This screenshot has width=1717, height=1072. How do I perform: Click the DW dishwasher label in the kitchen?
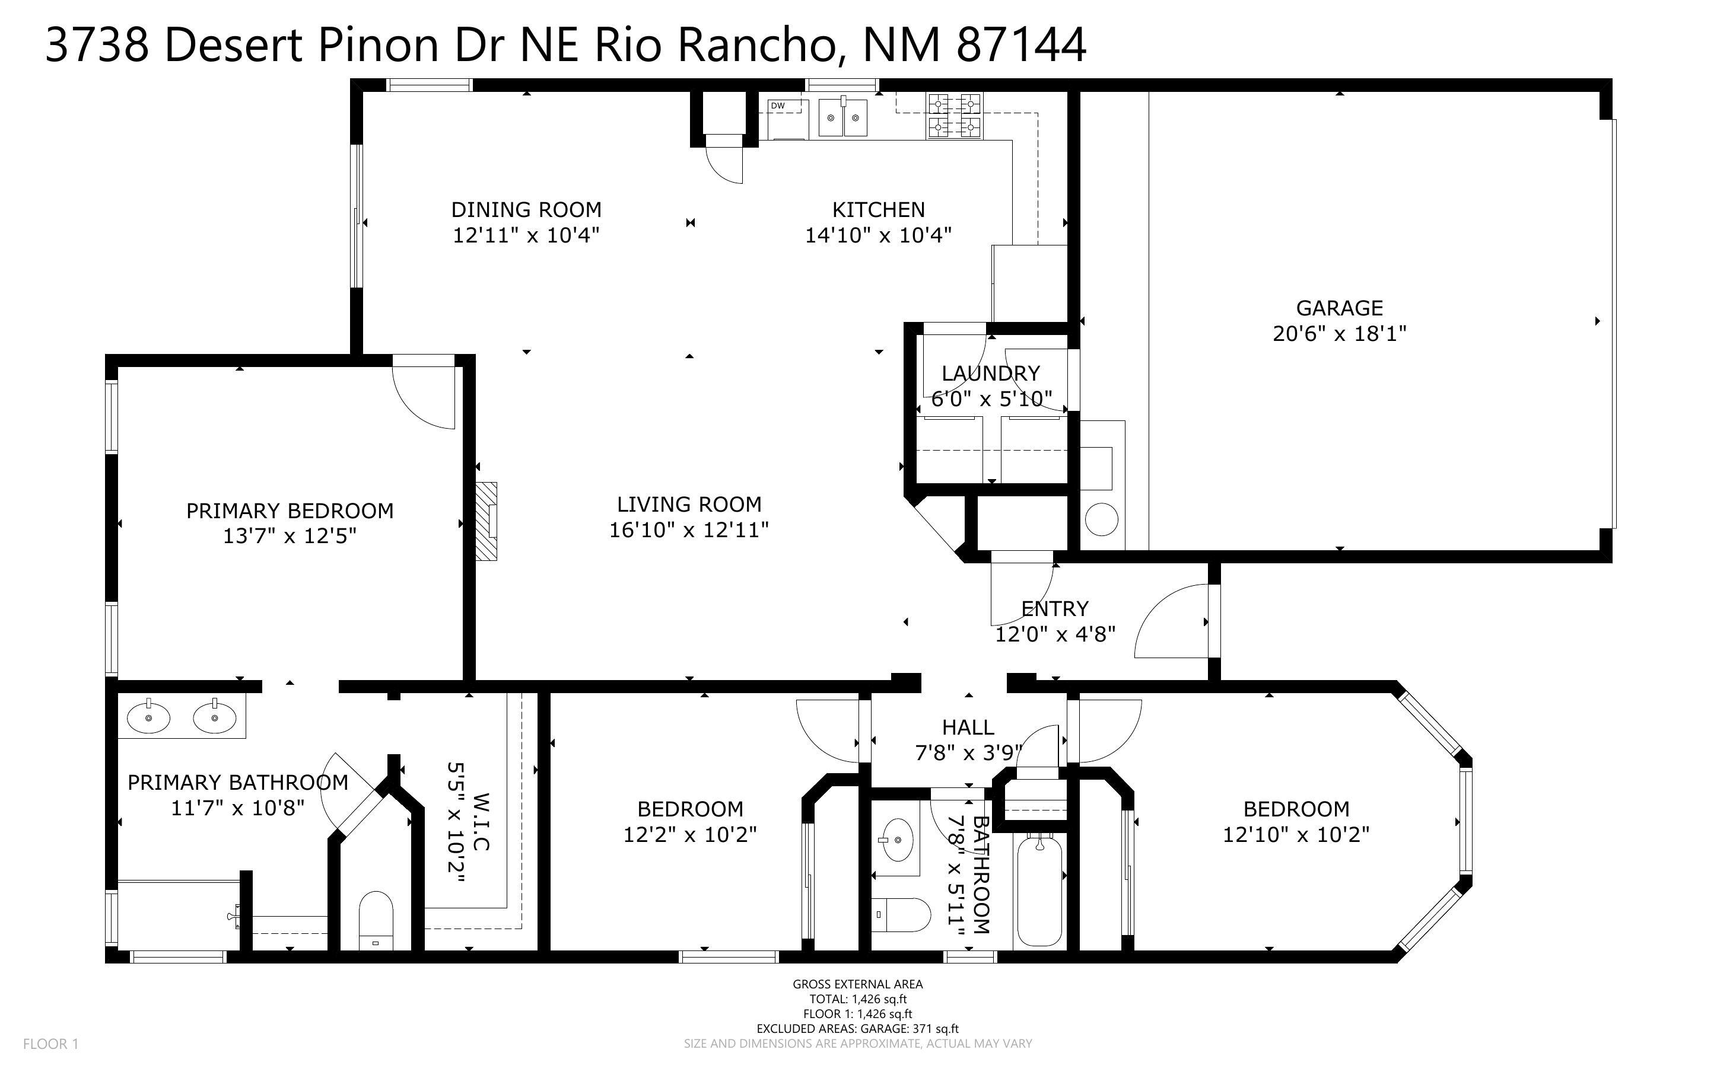[777, 106]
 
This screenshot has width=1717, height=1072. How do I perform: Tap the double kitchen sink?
[842, 117]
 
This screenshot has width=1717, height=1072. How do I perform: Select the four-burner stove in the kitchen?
[955, 116]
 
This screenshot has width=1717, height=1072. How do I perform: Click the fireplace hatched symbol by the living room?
[487, 521]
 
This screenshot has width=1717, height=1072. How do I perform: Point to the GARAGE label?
[1339, 308]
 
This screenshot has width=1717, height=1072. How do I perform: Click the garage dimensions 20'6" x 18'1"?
[1339, 333]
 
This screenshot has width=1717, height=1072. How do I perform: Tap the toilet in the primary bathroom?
[376, 919]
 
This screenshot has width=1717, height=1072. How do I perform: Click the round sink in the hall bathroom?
[898, 840]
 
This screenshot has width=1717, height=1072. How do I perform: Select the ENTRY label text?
[1055, 608]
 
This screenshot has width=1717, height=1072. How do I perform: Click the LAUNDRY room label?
[990, 373]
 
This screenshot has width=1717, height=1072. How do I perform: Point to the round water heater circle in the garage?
[1101, 519]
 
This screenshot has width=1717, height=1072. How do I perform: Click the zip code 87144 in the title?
[1021, 44]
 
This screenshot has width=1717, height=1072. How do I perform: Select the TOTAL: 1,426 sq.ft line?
[857, 999]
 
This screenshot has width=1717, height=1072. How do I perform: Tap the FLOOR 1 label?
[50, 1044]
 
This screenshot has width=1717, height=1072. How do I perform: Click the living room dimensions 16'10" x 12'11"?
[689, 529]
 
